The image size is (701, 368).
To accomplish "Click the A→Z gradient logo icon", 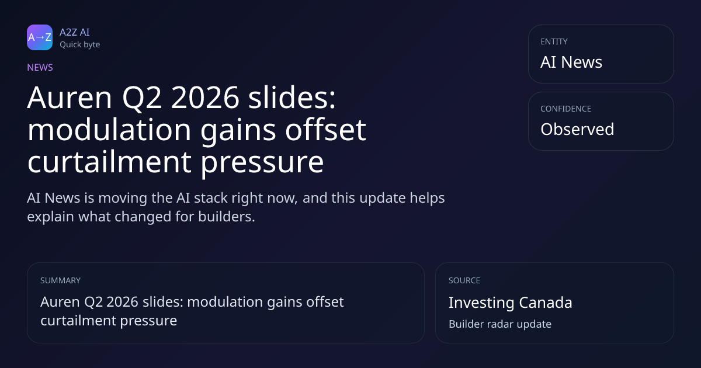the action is click(x=40, y=37).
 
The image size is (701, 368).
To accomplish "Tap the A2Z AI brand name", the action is click(x=75, y=32).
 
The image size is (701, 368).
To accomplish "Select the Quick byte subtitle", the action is click(x=80, y=45).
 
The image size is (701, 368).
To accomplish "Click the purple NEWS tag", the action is click(x=40, y=68).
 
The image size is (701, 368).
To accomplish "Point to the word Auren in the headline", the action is click(x=70, y=98).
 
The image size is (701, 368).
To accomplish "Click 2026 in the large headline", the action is click(x=205, y=98).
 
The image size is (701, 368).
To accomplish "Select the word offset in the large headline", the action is click(x=325, y=130).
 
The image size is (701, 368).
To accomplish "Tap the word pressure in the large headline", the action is click(x=262, y=163).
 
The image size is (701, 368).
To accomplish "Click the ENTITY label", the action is click(x=554, y=41).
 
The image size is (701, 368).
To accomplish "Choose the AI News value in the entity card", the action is click(x=571, y=62).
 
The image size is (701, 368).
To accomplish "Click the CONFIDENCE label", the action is click(x=566, y=109).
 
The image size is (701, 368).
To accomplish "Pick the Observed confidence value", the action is click(x=577, y=129).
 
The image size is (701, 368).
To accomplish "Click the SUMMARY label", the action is click(x=60, y=280).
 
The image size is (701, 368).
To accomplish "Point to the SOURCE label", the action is click(x=464, y=280).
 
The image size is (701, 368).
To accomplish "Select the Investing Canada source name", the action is click(x=511, y=303).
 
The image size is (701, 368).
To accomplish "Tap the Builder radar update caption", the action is click(x=500, y=324).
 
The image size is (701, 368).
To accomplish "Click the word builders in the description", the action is click(x=226, y=217).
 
